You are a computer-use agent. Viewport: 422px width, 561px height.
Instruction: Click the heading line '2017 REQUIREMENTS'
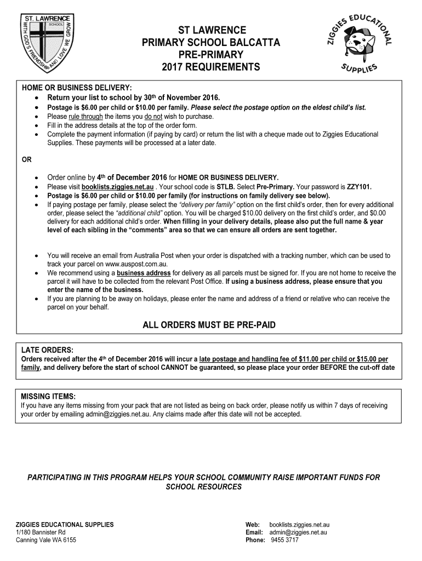click(211, 67)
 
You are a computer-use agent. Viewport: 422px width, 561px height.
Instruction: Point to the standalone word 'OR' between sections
click(26, 161)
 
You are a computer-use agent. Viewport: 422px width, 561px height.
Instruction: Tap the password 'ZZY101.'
click(359, 187)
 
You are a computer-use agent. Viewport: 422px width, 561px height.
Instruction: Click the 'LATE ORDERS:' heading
click(47, 350)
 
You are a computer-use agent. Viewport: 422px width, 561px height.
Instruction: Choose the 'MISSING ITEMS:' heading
click(48, 397)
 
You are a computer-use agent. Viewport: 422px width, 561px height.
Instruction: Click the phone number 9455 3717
click(285, 540)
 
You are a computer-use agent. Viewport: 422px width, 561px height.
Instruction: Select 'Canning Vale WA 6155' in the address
click(46, 540)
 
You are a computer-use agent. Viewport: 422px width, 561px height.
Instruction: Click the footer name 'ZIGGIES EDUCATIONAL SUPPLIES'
click(65, 525)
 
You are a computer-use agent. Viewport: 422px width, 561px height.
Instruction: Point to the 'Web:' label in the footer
click(253, 525)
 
